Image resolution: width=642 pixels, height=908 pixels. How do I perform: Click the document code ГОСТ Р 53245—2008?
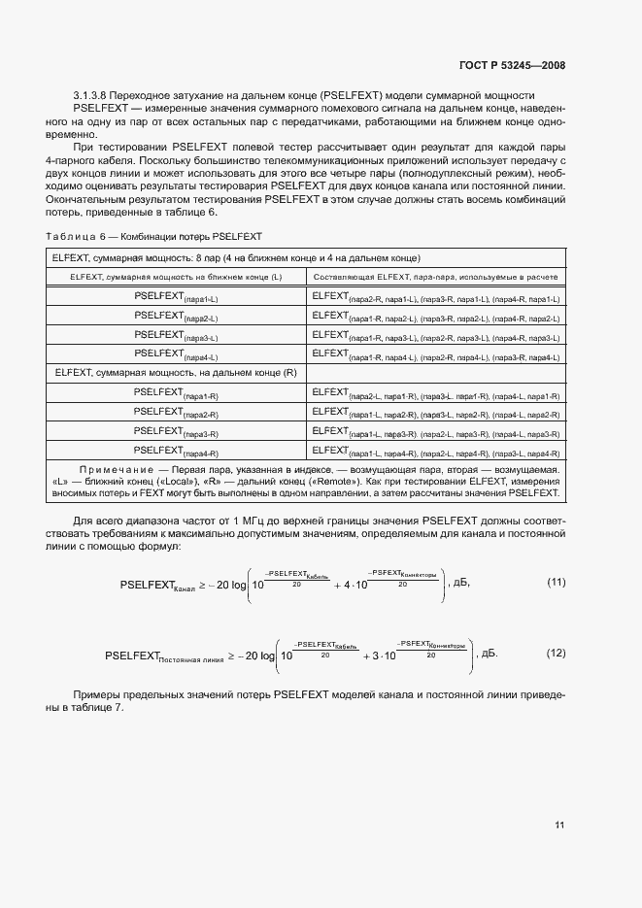tap(513, 66)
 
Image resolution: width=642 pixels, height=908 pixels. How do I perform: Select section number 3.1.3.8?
tap(95, 95)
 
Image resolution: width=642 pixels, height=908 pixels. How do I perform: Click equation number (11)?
tap(556, 583)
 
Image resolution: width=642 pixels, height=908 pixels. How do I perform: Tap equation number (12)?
tap(556, 655)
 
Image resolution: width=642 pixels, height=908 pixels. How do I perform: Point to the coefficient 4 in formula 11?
tap(348, 587)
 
